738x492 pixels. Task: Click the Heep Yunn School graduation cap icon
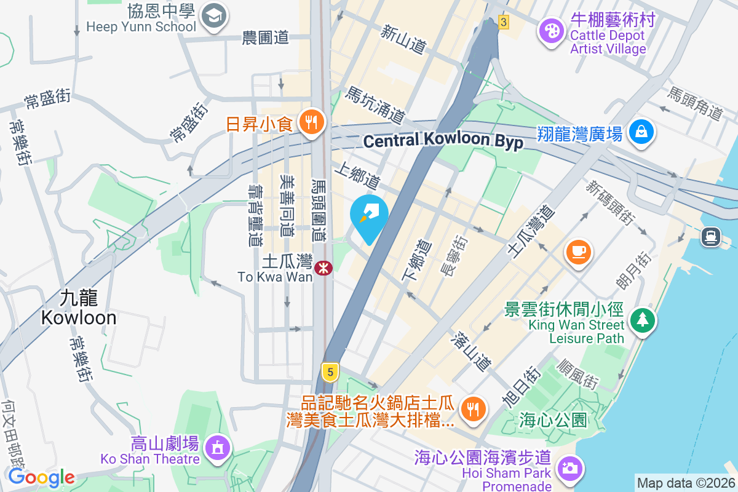tap(215, 15)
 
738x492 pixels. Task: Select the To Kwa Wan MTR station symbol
tap(323, 268)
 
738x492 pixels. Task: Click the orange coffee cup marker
tap(578, 252)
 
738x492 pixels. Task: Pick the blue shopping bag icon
tap(641, 132)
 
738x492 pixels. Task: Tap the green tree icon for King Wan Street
tap(643, 319)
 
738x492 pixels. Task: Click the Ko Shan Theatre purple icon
tap(217, 448)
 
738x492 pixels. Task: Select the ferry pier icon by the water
tap(710, 236)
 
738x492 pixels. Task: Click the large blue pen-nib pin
tap(369, 215)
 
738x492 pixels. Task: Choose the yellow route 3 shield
tap(504, 22)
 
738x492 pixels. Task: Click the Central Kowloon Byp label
tap(443, 141)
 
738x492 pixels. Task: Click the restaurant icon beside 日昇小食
tap(312, 124)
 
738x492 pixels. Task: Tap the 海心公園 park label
tap(553, 421)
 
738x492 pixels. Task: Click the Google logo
tap(41, 477)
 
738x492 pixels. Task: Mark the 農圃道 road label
tap(265, 38)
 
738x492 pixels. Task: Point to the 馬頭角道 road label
tap(695, 103)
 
